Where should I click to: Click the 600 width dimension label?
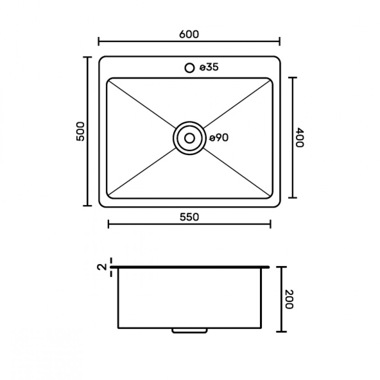189,34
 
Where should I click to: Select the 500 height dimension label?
80,131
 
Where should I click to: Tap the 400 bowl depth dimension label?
299,137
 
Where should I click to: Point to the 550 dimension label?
189,217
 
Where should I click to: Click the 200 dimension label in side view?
289,299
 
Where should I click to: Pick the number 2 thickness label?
102,267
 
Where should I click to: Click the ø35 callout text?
209,67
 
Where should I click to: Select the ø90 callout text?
219,138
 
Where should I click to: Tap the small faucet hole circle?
190,68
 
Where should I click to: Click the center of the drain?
190,138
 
